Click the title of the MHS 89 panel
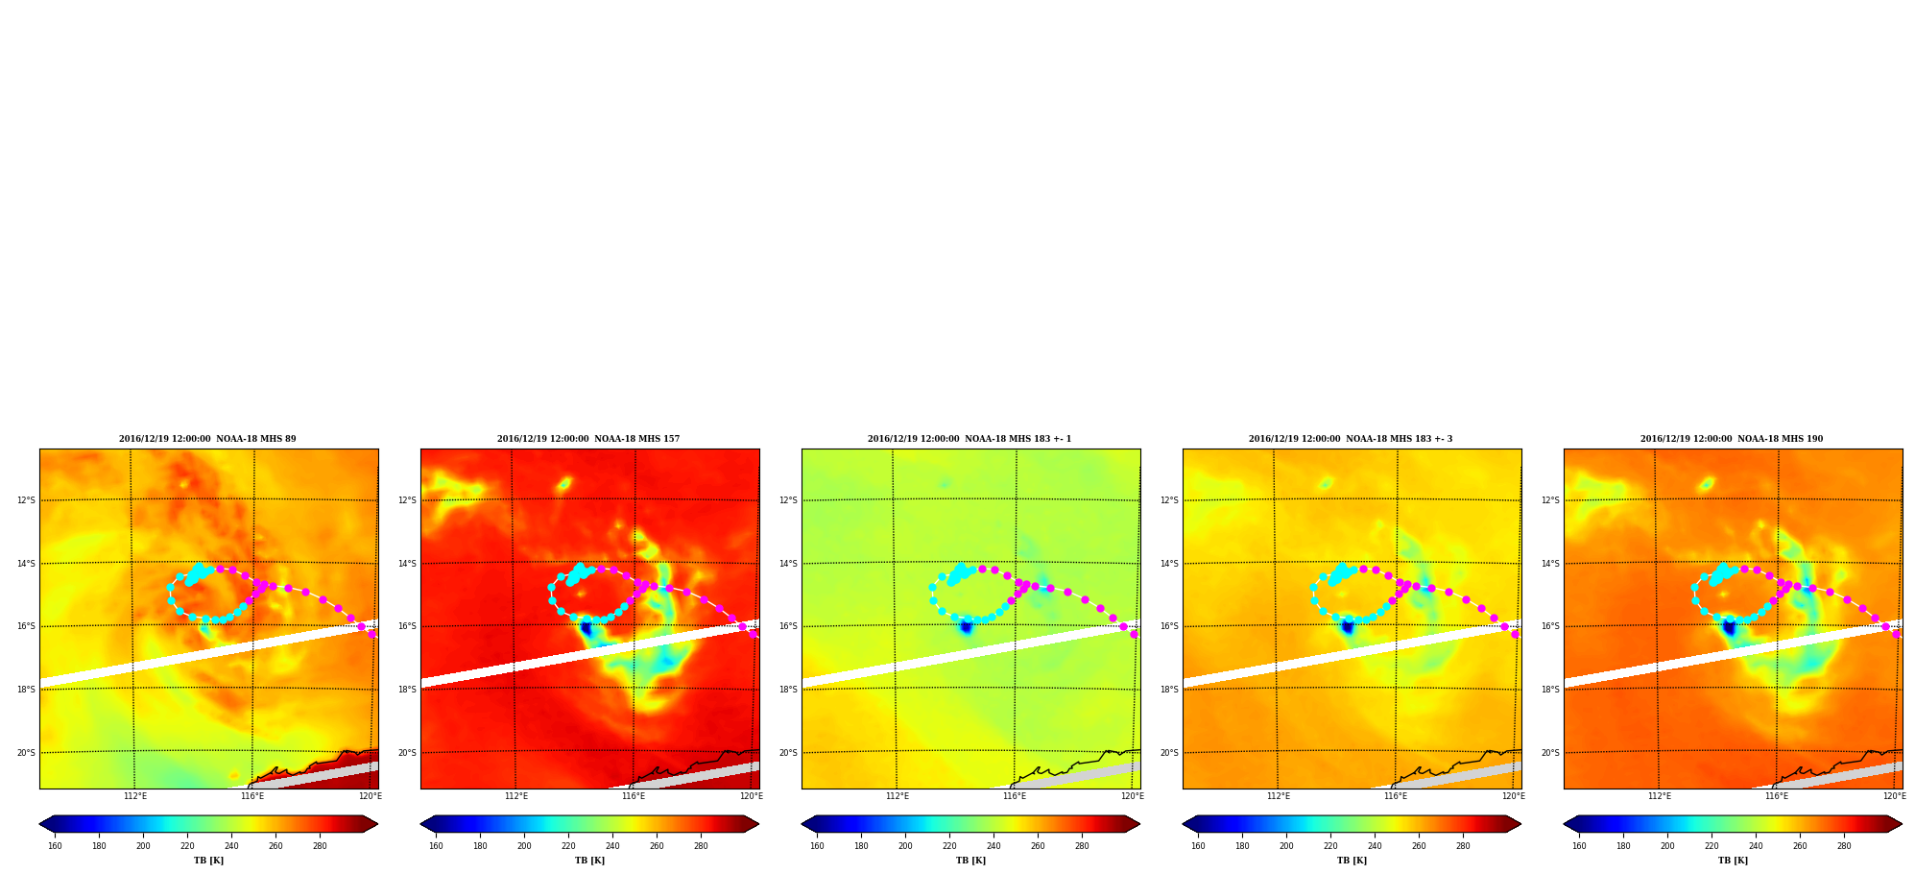tap(207, 439)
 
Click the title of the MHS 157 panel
tap(588, 439)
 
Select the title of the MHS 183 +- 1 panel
tap(969, 439)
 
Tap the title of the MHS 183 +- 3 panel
tap(1351, 439)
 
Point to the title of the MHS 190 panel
tap(1732, 439)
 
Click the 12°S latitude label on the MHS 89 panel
tap(26, 500)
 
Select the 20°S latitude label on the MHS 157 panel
tap(407, 753)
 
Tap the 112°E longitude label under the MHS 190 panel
tap(1660, 795)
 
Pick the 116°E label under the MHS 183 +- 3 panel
tap(1396, 795)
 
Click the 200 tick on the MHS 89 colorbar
tap(143, 845)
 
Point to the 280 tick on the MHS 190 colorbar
tap(1844, 845)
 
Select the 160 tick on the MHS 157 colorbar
tap(436, 845)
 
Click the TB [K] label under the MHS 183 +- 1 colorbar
tap(970, 861)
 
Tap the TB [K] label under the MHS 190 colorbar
tap(1733, 861)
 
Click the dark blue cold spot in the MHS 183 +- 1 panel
tap(966, 626)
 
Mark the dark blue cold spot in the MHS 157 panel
tap(586, 627)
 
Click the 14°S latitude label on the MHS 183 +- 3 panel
tap(1169, 564)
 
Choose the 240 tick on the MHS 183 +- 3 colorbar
tap(1375, 845)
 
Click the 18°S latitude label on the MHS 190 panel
tap(1550, 690)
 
